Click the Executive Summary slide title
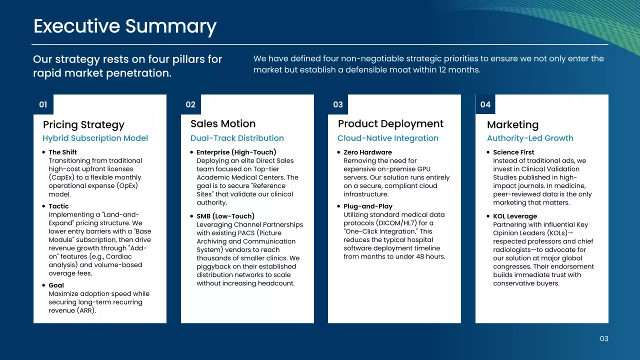(125, 26)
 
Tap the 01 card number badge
(43, 104)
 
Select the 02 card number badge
(190, 104)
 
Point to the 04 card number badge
(485, 104)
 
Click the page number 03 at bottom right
(604, 338)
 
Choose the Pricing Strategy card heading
(83, 125)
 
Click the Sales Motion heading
(223, 123)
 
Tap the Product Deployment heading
(390, 123)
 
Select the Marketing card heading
(512, 125)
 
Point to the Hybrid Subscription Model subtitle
(95, 138)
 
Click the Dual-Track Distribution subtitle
(237, 138)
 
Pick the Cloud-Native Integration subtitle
(387, 138)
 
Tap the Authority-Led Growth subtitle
(530, 138)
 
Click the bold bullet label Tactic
(58, 206)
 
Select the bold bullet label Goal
(56, 285)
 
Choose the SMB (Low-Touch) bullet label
(225, 216)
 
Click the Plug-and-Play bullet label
(368, 206)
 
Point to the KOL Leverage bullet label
(515, 216)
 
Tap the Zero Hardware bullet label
(367, 152)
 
